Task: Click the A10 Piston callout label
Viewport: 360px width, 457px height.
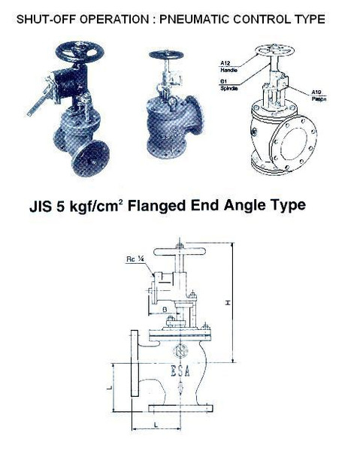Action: (x=319, y=94)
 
